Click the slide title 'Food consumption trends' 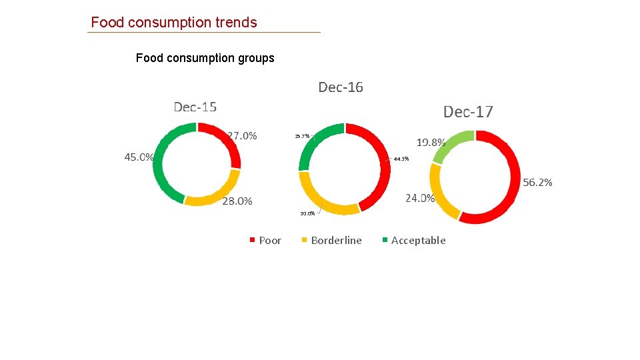173,22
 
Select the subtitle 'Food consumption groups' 205,58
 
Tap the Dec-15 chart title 195,107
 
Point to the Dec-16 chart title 341,87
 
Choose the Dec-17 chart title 468,111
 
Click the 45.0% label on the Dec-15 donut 139,157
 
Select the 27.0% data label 242,135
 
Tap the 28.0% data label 237,201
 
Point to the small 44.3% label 401,159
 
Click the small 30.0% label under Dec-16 307,214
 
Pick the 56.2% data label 537,182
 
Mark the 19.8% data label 431,142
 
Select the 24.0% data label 420,198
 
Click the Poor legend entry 269,241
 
